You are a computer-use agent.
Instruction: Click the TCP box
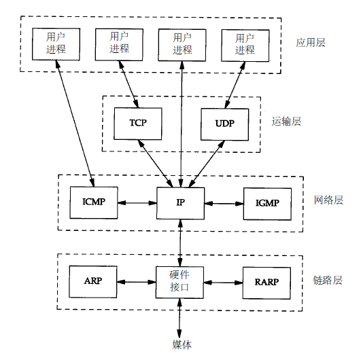[138, 124]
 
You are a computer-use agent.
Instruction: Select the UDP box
[225, 124]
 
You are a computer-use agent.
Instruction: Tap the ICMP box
[94, 202]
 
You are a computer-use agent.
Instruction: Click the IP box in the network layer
[181, 203]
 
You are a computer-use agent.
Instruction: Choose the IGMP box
[267, 204]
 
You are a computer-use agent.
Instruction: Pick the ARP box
[93, 282]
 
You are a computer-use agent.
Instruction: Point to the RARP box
[267, 283]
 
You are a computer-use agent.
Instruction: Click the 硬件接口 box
[179, 283]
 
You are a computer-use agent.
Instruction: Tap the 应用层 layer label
[310, 43]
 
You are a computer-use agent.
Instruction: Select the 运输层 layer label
[286, 121]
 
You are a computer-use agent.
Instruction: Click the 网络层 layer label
[328, 200]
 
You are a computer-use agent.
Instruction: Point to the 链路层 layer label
[328, 280]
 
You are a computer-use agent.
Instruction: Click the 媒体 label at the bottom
[182, 344]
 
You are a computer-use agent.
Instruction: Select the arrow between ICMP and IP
[137, 203]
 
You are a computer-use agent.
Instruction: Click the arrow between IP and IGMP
[224, 204]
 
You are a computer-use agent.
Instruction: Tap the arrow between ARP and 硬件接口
[137, 282]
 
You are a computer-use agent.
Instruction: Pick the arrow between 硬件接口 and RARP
[223, 283]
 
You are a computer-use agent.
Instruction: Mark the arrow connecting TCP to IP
[156, 164]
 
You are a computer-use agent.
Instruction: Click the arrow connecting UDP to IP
[207, 164]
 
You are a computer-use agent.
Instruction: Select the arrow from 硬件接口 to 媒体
[179, 319]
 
